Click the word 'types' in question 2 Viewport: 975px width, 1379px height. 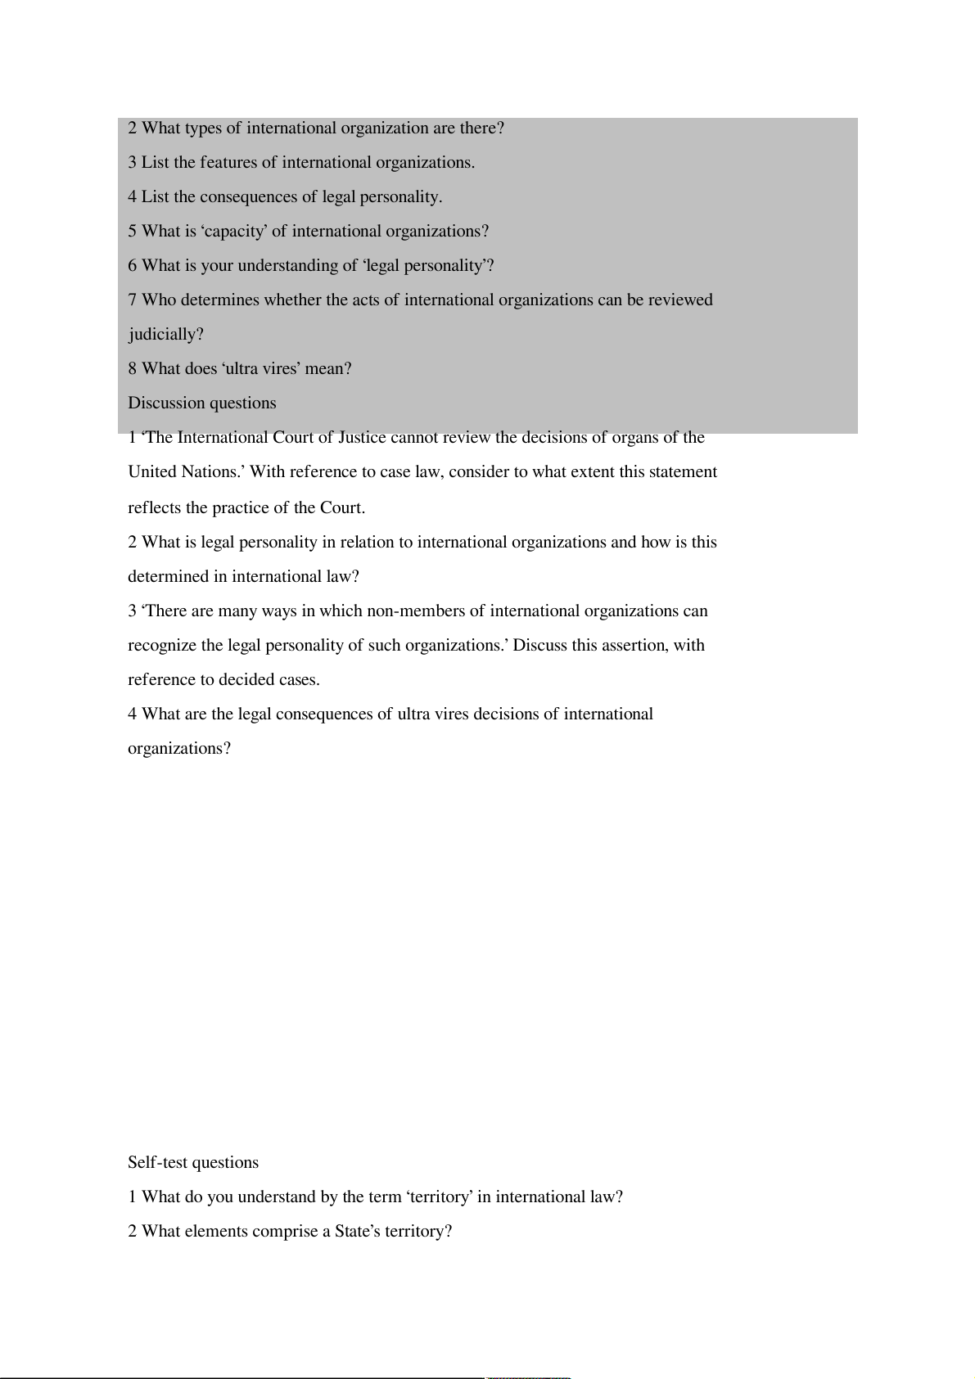(203, 128)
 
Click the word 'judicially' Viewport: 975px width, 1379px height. (165, 335)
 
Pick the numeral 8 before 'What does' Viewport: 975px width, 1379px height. (132, 369)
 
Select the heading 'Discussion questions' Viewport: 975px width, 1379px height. (201, 403)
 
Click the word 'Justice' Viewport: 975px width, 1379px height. (362, 438)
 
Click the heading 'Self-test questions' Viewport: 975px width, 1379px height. (192, 1163)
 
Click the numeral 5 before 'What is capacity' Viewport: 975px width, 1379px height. (132, 232)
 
